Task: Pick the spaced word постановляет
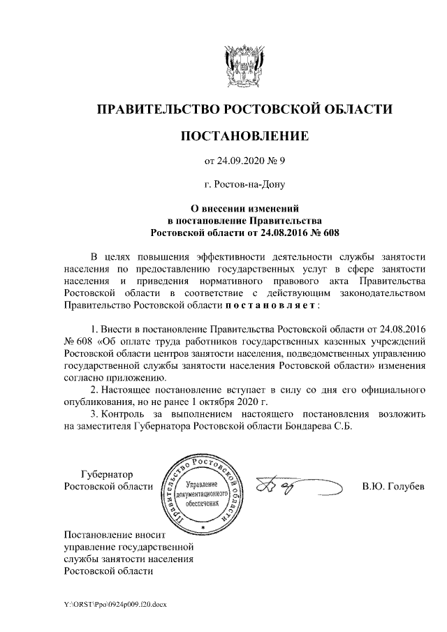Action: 273,305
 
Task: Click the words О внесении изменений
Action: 244,208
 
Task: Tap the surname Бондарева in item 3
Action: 310,429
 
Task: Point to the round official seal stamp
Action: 203,492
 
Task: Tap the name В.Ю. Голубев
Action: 393,486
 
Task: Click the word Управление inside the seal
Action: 203,483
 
